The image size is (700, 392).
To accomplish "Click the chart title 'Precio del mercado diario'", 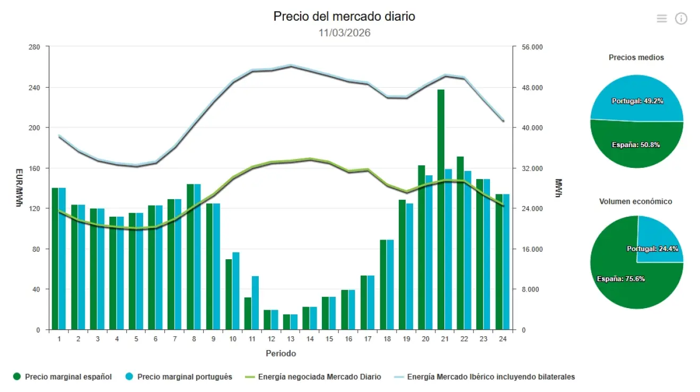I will click(x=344, y=16).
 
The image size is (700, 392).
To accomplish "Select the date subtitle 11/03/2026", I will click(x=344, y=33).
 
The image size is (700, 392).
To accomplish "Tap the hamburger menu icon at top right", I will click(x=661, y=19).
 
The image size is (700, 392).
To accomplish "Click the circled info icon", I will click(x=681, y=19).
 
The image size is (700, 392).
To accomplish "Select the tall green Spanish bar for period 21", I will click(x=441, y=212).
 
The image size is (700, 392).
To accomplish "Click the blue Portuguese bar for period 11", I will click(x=255, y=303).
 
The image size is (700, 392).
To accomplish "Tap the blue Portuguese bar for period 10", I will click(x=236, y=291).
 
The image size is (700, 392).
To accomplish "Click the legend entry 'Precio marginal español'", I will click(x=63, y=377).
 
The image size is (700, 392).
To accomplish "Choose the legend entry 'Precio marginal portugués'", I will click(x=179, y=377).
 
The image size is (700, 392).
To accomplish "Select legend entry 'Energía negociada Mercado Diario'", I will click(x=313, y=377).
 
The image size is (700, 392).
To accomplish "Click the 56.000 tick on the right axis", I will click(x=531, y=47).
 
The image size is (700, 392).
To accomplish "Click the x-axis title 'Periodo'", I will click(x=281, y=353).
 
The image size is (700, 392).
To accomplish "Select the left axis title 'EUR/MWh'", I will click(x=19, y=188).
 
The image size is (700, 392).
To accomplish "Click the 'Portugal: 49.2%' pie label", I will click(x=637, y=101).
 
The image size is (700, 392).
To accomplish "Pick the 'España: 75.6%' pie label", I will click(x=620, y=279).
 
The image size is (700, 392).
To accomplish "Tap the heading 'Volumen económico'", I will click(x=635, y=202).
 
